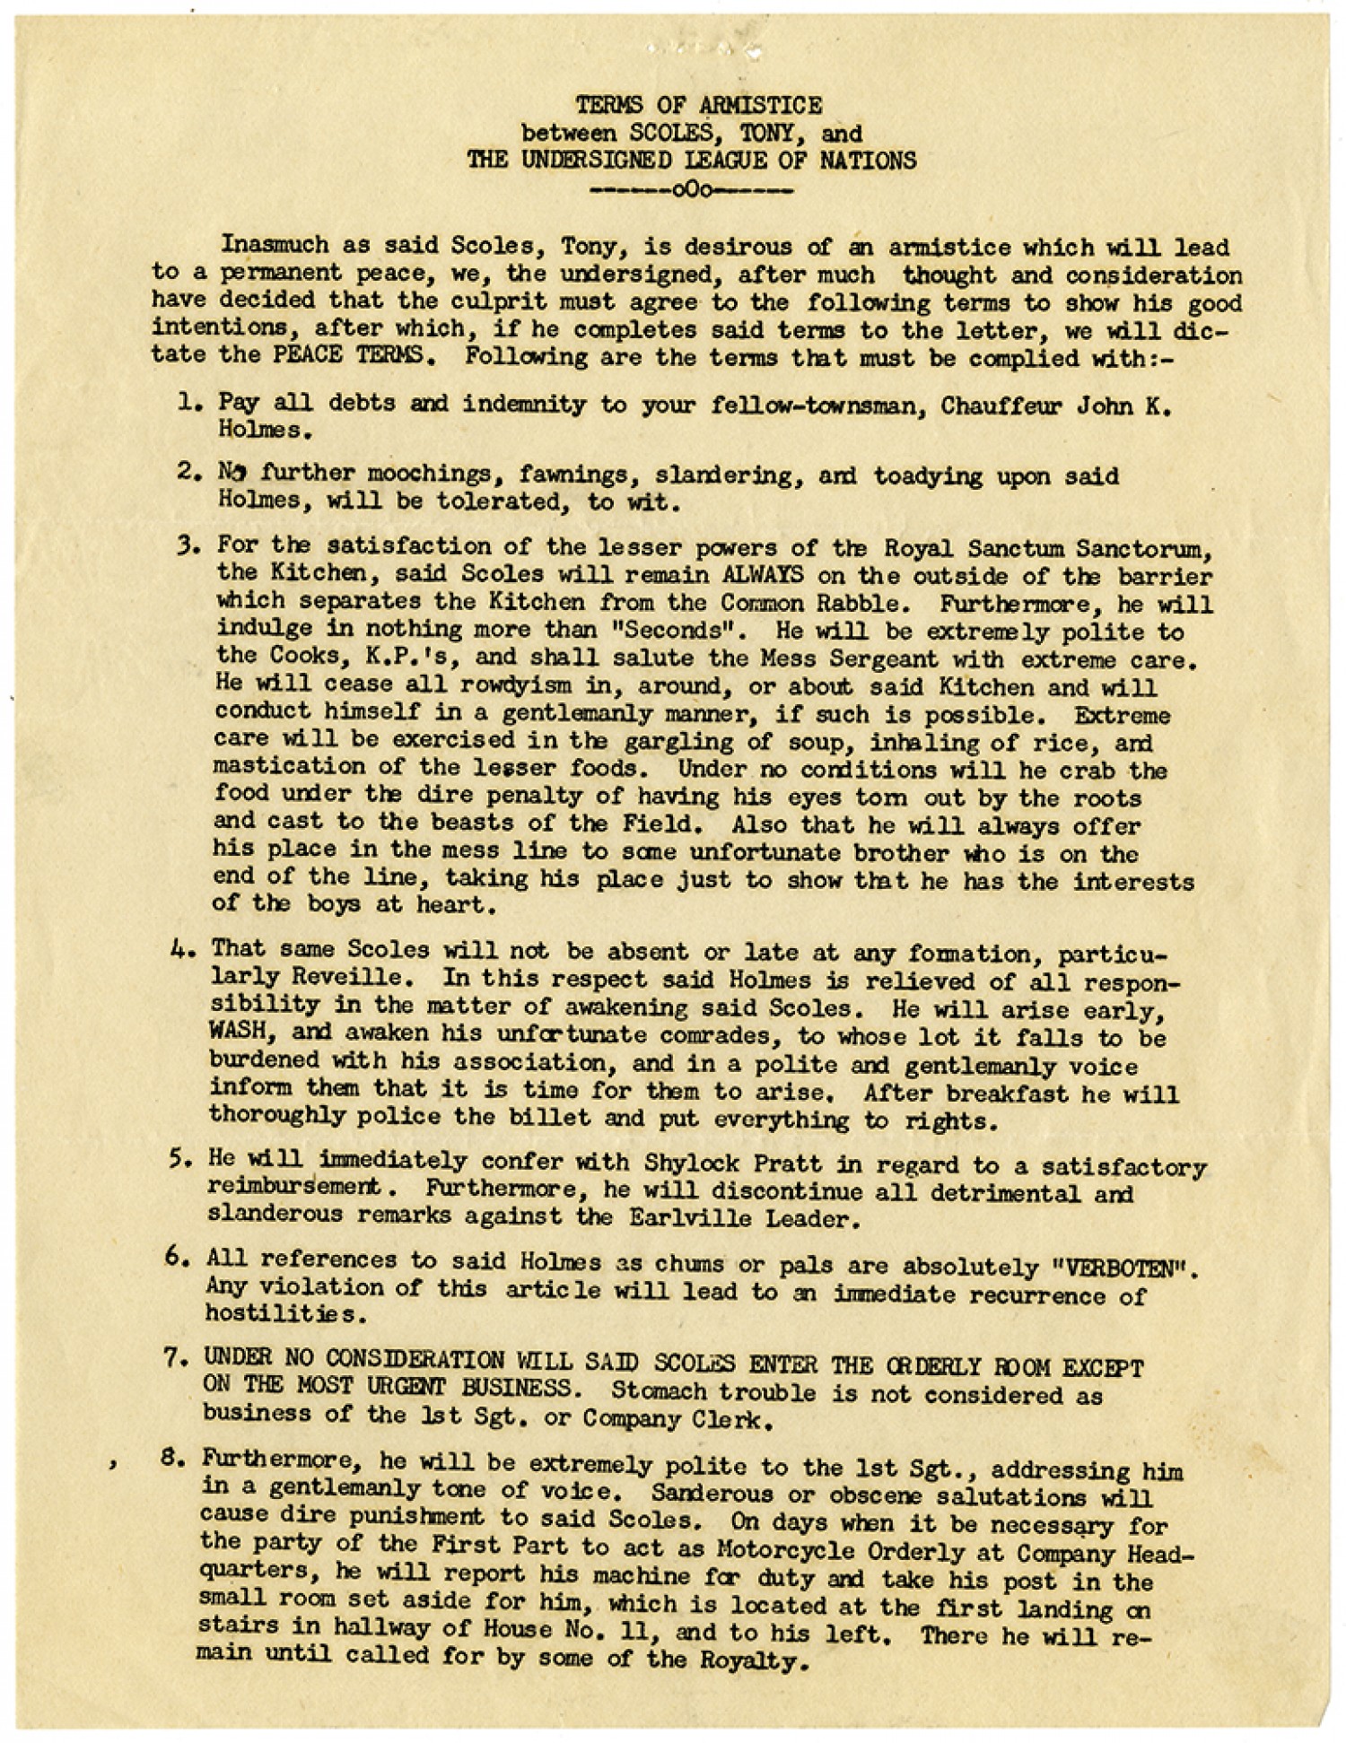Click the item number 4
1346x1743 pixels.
click(176, 948)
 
